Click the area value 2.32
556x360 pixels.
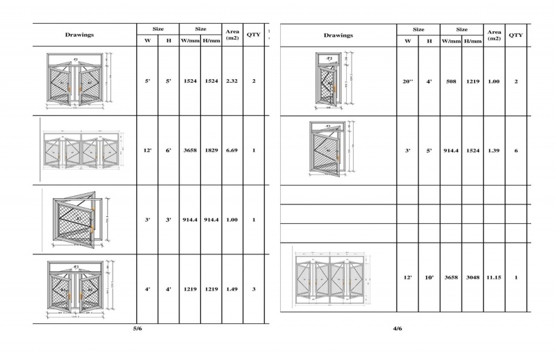232,81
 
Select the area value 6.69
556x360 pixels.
232,151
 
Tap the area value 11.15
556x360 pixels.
494,277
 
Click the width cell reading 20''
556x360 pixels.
408,81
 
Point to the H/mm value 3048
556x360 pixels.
473,277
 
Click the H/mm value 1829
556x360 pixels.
211,151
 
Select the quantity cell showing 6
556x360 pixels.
516,151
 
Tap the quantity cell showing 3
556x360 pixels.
254,289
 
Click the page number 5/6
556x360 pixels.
138,327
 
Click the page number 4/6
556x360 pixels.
397,329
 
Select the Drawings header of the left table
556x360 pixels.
79,35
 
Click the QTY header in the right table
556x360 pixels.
516,35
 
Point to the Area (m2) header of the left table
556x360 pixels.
232,35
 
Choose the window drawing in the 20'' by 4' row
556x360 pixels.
332,81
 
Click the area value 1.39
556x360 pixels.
494,151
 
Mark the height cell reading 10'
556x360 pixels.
430,277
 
